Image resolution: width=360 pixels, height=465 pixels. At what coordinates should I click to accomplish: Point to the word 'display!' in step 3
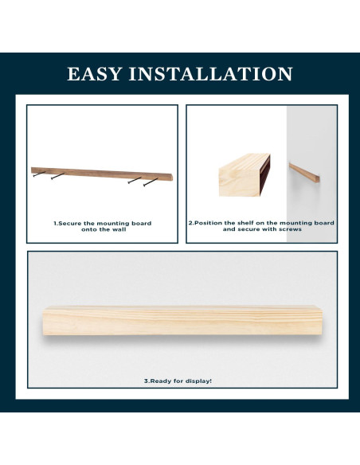point(198,381)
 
